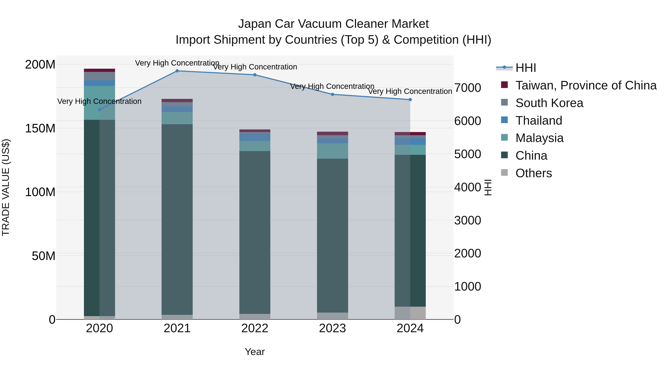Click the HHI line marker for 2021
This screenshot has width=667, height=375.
177,71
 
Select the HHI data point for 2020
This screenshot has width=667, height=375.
99,110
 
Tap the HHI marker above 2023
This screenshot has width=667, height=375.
332,94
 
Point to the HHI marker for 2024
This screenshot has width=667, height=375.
410,100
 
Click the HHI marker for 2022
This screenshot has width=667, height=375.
255,75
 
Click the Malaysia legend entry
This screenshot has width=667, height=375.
539,138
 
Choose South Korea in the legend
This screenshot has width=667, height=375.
549,103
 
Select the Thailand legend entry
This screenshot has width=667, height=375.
539,121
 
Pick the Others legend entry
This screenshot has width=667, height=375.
533,173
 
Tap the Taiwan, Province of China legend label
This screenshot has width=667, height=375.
586,85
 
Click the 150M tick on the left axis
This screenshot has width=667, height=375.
40,128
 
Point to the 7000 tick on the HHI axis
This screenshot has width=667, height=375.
468,88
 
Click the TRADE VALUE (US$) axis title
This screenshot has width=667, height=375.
6,187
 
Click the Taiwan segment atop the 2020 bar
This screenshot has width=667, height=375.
99,70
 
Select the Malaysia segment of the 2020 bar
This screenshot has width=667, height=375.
99,103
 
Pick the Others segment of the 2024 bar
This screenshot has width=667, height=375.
410,313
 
